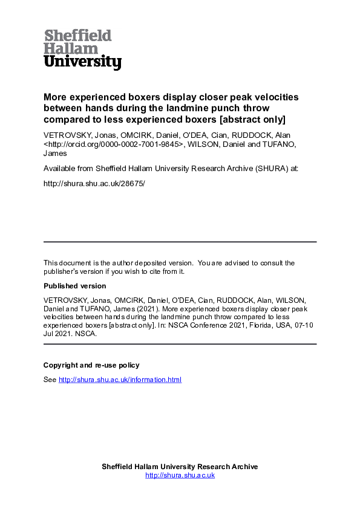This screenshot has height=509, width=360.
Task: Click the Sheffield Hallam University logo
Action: tap(82, 49)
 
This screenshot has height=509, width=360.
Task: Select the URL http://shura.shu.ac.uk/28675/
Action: tap(94, 181)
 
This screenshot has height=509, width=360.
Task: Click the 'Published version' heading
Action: tap(74, 286)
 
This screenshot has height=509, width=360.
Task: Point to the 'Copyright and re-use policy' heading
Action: tap(91, 365)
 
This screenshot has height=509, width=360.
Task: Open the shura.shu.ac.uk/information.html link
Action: tap(120, 380)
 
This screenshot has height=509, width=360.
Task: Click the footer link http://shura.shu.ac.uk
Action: tap(180, 476)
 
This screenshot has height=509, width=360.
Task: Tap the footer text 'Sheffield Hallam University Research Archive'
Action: tap(180, 467)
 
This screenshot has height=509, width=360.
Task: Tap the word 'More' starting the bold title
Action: tap(55, 97)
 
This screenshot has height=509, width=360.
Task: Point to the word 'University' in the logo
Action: tap(82, 62)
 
